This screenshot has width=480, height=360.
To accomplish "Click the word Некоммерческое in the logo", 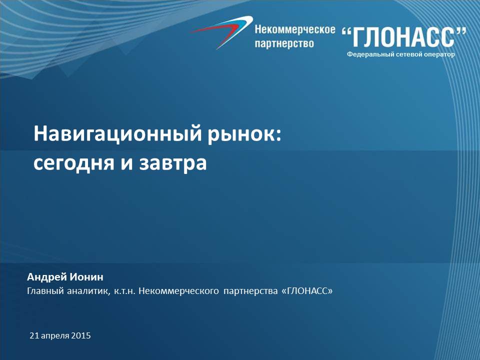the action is click(x=295, y=29).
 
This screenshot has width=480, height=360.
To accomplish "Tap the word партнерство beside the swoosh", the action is click(x=284, y=43).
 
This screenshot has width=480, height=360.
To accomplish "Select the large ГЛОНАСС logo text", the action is click(x=404, y=36).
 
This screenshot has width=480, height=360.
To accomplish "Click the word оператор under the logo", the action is click(x=439, y=54).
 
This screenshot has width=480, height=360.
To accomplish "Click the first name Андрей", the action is click(x=47, y=277).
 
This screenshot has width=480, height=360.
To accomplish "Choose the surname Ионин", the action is click(x=86, y=276).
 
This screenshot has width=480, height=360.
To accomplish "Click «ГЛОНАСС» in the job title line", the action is click(x=306, y=290).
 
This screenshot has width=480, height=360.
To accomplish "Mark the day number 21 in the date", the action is click(x=34, y=336).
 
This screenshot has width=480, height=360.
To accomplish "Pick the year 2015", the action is click(x=81, y=336).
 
